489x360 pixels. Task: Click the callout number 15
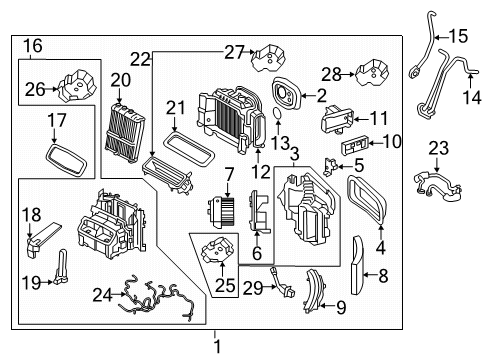click(459, 36)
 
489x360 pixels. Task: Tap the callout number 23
click(438, 148)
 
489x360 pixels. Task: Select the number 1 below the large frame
click(217, 347)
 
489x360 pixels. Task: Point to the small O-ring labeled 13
click(277, 113)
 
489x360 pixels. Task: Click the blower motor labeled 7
click(220, 212)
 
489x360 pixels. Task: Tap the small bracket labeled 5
click(330, 166)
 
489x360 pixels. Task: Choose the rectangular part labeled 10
click(354, 146)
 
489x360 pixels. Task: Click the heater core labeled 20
click(125, 133)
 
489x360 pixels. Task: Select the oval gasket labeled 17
click(66, 160)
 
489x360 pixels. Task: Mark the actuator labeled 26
click(77, 85)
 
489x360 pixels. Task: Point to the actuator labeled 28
click(373, 73)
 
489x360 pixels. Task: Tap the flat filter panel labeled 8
click(358, 265)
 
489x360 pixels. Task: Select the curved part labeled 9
click(314, 291)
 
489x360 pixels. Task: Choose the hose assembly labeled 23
click(437, 185)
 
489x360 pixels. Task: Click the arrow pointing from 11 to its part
click(361, 119)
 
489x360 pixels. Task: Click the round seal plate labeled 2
click(286, 94)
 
